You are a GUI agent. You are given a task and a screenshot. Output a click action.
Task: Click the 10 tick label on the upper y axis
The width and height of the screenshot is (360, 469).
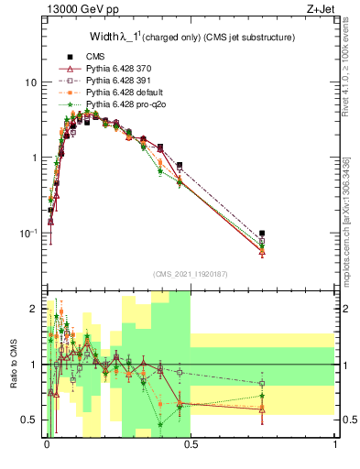coord(29,82)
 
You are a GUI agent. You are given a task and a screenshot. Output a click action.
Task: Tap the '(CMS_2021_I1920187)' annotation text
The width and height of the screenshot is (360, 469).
coord(191,274)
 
